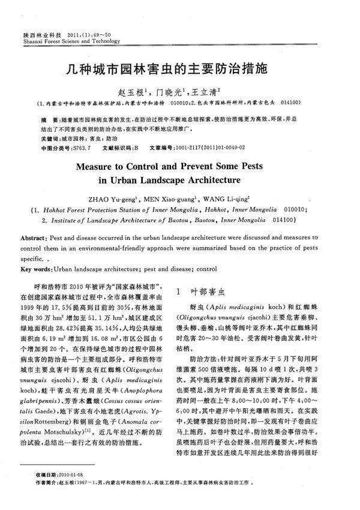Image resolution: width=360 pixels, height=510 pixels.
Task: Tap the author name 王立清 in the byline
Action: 203,92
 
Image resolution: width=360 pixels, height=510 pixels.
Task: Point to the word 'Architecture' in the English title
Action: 206,179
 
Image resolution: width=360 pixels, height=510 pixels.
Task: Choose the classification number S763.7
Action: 79,146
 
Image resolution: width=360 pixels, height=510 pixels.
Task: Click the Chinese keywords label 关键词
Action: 43,138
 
